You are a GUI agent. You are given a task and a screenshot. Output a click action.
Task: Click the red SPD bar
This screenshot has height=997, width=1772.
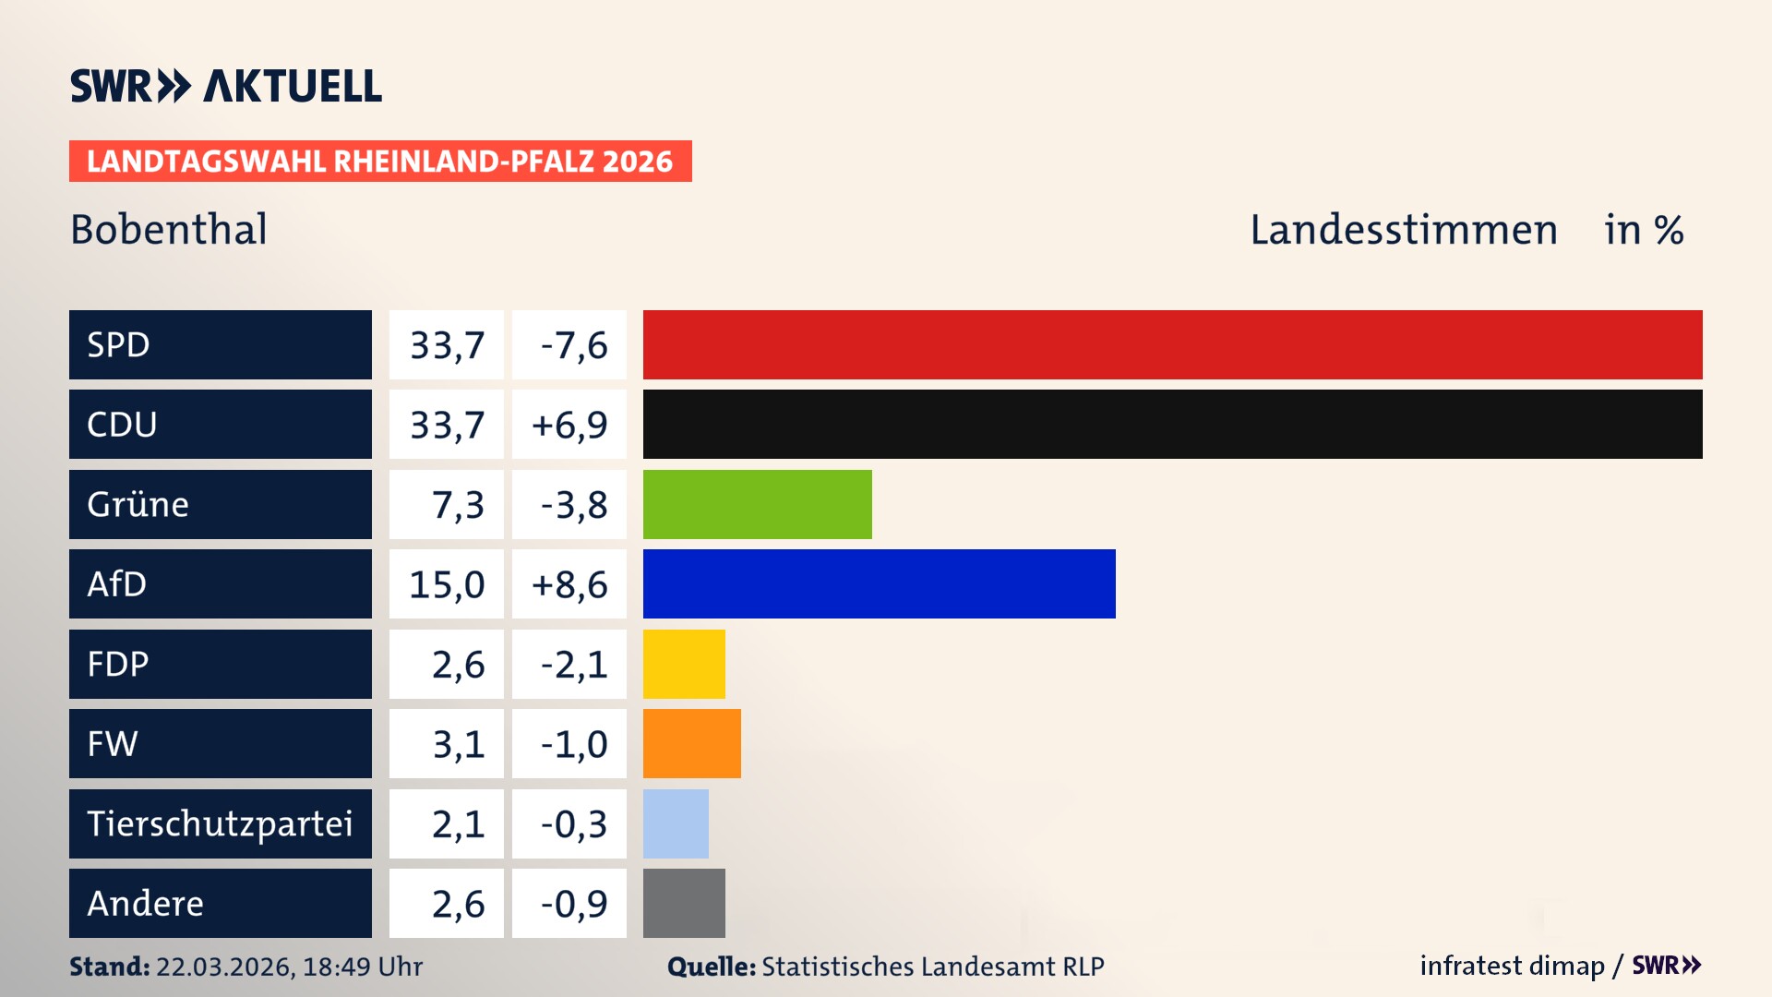click(x=1172, y=344)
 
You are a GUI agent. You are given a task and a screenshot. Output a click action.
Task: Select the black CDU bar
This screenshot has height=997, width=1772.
click(x=1172, y=424)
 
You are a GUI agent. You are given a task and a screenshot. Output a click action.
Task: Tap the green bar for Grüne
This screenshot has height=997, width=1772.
click(x=757, y=504)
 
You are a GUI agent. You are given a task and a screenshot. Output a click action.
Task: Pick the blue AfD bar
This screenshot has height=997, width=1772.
click(x=879, y=583)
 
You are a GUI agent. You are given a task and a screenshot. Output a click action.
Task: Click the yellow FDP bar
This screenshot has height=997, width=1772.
click(x=684, y=664)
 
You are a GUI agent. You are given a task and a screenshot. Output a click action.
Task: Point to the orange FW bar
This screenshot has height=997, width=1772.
click(x=691, y=743)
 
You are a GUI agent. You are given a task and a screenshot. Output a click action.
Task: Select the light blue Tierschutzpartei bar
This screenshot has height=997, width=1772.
click(x=676, y=823)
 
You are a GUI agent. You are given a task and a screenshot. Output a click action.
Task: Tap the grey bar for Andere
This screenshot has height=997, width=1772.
click(x=684, y=903)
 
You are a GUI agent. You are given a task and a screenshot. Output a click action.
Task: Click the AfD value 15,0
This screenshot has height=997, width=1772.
click(x=447, y=584)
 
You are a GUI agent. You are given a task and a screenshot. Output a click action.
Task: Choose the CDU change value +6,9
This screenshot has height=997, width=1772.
click(x=569, y=425)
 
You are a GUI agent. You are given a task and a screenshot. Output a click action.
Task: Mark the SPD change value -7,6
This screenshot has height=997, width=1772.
click(x=573, y=345)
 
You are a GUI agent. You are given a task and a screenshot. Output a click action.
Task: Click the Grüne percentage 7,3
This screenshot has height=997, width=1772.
click(x=457, y=505)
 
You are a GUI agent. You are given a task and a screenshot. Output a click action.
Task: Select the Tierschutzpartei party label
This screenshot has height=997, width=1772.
click(x=220, y=823)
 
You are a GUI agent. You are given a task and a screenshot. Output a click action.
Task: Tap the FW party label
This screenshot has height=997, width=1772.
click(x=113, y=743)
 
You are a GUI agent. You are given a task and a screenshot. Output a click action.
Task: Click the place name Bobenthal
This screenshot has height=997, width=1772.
click(x=169, y=229)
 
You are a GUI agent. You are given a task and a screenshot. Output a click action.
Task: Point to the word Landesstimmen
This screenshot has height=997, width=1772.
click(x=1403, y=230)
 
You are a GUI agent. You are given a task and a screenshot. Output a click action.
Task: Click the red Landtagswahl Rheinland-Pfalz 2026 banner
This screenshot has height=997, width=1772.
click(x=380, y=162)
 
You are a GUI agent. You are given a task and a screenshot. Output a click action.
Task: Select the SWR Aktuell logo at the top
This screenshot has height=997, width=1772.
click(x=226, y=86)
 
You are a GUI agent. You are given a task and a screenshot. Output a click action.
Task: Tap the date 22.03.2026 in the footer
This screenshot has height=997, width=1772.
click(x=224, y=967)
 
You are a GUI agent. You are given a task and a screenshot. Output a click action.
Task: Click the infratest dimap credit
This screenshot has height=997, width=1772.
click(x=1512, y=966)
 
